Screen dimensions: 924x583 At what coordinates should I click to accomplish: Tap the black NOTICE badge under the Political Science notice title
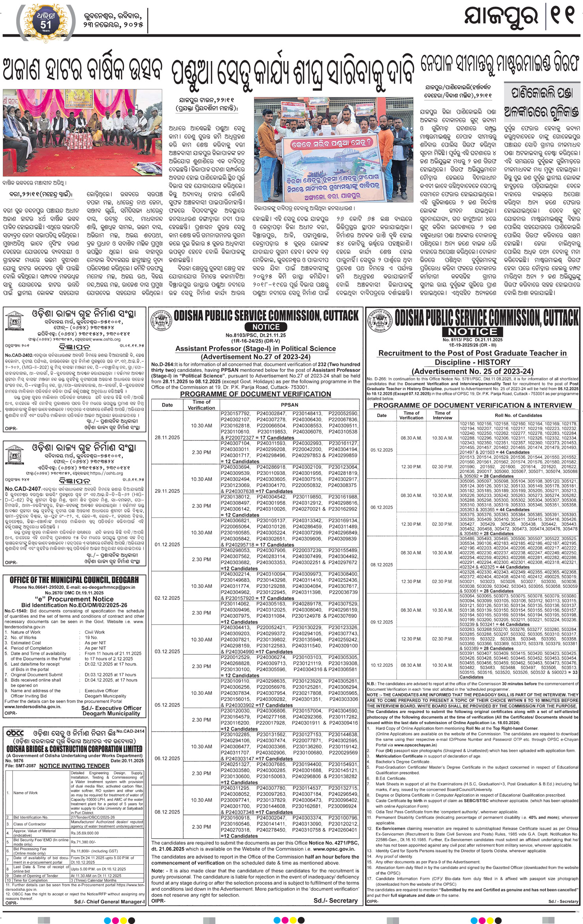[266, 327]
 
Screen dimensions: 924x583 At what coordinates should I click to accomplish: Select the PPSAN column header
[289, 405]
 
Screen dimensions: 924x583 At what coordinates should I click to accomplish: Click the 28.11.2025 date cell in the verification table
[167, 437]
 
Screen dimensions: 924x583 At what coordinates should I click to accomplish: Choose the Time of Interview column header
[442, 415]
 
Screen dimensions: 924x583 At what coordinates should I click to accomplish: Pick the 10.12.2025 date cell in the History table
[382, 665]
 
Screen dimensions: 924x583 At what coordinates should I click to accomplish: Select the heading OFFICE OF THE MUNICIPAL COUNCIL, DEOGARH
[74, 580]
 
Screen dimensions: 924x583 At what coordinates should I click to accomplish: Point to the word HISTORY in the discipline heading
[494, 362]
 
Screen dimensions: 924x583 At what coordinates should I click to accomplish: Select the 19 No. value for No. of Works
[91, 637]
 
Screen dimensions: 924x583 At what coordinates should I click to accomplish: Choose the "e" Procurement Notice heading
[73, 599]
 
